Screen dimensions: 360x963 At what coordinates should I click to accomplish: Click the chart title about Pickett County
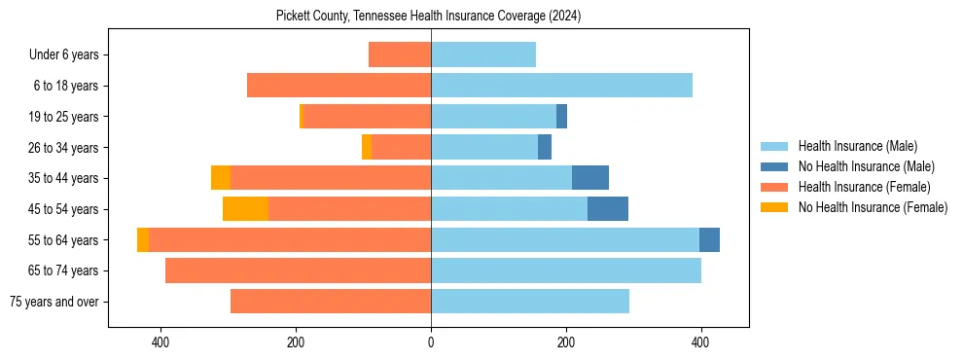coord(428,17)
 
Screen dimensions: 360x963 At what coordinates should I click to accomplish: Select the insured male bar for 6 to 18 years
coord(561,86)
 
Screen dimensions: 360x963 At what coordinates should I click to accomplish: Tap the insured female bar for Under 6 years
coord(400,54)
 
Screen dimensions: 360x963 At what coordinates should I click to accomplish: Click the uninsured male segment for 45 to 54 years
coord(608,209)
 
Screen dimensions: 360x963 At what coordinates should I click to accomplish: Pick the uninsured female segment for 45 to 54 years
coord(245,209)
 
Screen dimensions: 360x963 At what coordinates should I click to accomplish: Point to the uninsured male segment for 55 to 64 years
coord(709,240)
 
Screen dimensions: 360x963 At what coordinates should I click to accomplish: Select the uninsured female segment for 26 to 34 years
coord(367,147)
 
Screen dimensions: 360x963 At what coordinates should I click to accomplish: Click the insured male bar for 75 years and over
coord(530,302)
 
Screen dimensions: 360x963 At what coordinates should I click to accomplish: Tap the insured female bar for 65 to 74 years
coord(298,270)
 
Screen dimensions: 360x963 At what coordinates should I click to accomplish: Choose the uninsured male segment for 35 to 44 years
coord(590,178)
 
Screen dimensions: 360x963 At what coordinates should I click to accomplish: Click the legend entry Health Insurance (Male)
coord(857,146)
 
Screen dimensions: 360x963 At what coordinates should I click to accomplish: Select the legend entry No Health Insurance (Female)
coord(873,207)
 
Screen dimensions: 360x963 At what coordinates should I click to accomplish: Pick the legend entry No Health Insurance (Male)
coord(866,166)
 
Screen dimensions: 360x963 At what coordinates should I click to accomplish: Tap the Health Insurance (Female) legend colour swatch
coord(774,187)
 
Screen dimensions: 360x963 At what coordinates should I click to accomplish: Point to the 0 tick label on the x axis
coord(431,342)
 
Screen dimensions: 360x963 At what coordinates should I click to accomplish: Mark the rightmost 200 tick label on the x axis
coord(566,342)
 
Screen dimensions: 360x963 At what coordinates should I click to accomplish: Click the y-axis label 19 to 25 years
coord(64,117)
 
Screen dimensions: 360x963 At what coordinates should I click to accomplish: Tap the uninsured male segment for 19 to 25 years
coord(561,117)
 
